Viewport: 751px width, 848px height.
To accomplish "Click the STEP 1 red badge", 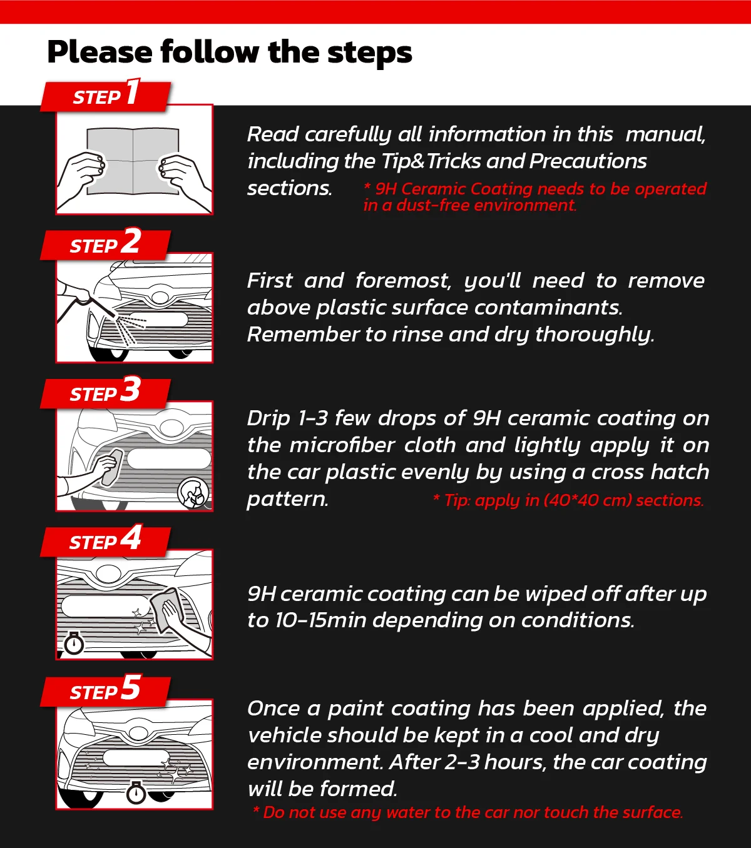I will click(105, 96).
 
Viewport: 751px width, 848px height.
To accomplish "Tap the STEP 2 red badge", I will click(105, 245).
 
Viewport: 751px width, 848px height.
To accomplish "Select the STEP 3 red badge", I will click(105, 393).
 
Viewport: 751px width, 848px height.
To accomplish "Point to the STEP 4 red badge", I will click(105, 541).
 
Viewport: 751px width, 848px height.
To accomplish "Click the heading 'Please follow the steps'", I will click(230, 52).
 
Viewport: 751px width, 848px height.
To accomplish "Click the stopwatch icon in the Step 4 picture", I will click(74, 643).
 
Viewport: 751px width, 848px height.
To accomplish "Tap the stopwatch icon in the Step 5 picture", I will click(136, 792).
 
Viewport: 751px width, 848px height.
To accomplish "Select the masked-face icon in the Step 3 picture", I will click(193, 493).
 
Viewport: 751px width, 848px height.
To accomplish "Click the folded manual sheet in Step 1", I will click(133, 160).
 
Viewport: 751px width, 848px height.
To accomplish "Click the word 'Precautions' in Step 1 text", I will click(588, 161).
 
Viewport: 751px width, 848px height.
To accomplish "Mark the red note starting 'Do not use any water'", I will click(468, 812).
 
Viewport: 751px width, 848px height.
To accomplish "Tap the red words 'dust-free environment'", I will click(486, 205).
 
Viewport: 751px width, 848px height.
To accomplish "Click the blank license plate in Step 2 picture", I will click(157, 320).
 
